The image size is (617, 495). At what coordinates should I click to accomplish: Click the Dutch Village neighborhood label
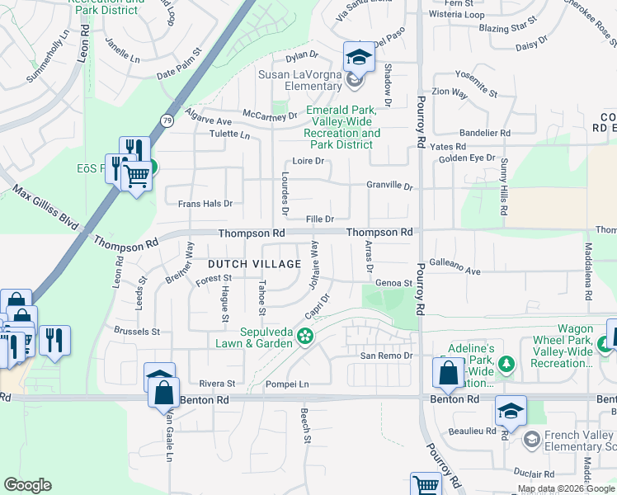254,264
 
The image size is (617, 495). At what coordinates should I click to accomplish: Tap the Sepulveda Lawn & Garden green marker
306,335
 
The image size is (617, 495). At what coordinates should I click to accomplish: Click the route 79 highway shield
167,120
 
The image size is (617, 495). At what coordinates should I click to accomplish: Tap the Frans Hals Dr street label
205,203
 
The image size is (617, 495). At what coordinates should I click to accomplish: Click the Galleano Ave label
455,271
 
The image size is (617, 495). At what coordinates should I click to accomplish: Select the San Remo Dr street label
385,356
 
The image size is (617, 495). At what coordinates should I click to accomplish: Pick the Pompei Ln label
286,384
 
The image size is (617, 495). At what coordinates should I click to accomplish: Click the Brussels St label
138,332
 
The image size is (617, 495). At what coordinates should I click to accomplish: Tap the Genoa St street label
393,283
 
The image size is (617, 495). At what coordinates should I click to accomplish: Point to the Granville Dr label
389,186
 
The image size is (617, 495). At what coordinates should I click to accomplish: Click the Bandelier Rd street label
485,132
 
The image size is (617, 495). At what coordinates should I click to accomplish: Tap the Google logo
27,485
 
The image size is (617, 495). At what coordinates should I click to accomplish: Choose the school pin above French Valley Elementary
511,412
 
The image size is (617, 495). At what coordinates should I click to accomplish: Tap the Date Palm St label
179,73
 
